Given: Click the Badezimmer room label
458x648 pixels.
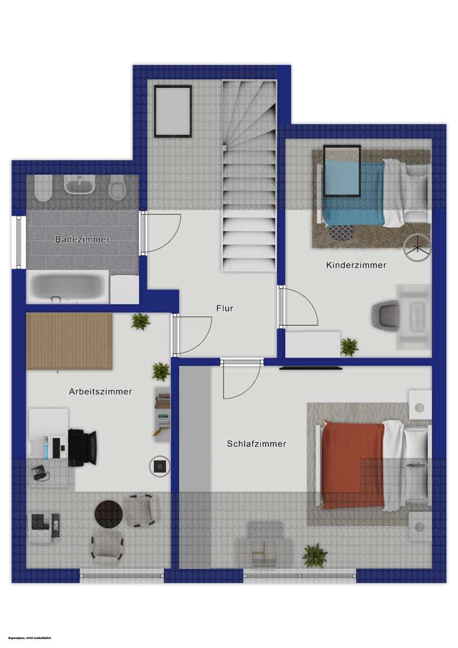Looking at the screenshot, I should pos(83,240).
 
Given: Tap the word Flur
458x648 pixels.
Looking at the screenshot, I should pos(225,308).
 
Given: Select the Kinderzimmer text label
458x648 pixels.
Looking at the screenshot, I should pos(356,265).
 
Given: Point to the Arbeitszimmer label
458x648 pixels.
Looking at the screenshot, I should pos(101,391).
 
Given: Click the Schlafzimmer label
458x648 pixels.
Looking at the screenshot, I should pos(256,444).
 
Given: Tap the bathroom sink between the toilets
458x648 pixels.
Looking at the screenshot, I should pos(80,187).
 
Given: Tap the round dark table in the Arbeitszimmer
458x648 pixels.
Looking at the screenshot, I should pos(108,514).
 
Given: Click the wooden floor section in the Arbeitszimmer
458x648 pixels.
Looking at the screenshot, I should pos(69,341).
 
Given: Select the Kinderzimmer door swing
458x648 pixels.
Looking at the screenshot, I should pos(300,308).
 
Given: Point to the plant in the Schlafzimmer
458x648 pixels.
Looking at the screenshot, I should pos(314,555).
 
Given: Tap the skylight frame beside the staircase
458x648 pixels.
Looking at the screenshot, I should pos(172,111).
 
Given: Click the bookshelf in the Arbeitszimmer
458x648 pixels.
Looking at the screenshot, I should pos(163,413).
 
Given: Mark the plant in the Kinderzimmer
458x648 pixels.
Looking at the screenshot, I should pos(349,347).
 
